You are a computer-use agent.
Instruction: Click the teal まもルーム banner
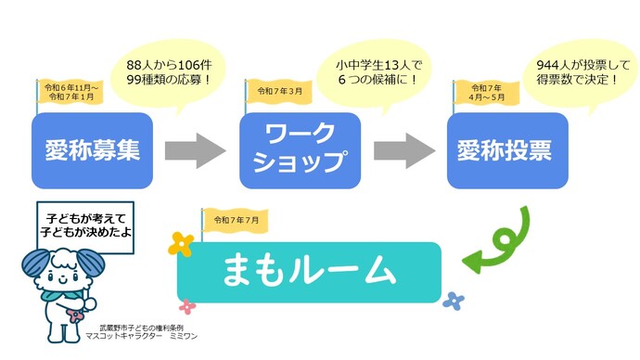coord(309,272)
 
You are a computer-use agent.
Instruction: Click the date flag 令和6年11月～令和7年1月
coord(70,92)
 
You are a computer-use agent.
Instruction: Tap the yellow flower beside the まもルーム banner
coord(182,244)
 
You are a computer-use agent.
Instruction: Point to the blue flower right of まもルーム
coord(453,300)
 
